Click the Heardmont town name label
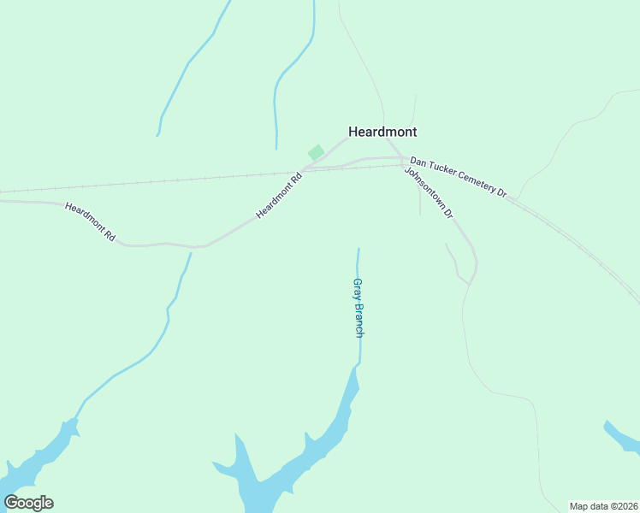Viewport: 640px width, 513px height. coord(382,132)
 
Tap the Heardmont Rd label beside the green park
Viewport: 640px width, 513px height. coord(280,195)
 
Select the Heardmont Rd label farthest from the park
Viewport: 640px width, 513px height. coord(90,221)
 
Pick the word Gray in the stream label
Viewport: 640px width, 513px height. coord(359,290)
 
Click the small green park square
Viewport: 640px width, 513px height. coord(316,152)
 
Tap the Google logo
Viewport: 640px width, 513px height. coord(28,503)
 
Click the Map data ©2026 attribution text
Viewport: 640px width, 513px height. coord(603,506)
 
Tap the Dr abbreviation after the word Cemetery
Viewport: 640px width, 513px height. coord(502,193)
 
